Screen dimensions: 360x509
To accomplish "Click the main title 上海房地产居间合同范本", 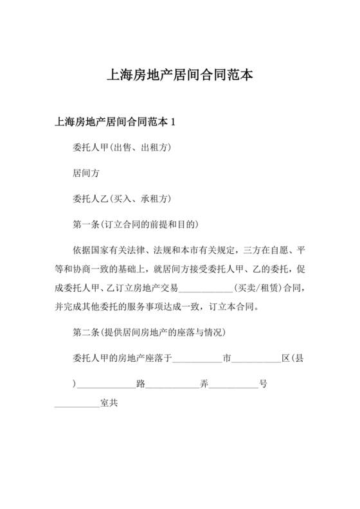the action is (180, 75).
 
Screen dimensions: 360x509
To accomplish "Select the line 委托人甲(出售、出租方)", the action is (122, 147).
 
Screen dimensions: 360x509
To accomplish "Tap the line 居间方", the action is (87, 173).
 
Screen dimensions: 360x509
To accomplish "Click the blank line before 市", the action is (197, 359).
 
